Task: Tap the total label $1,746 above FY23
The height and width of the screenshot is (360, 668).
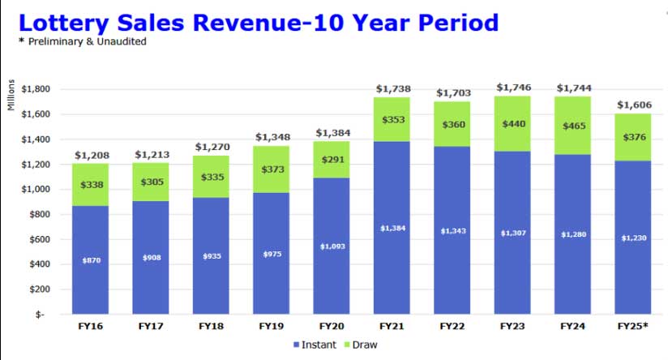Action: click(x=513, y=87)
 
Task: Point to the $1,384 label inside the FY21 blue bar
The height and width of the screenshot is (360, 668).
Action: click(x=392, y=229)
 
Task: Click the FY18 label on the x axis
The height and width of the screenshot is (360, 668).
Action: click(x=212, y=326)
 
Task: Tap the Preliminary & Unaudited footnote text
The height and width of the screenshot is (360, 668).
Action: click(x=86, y=41)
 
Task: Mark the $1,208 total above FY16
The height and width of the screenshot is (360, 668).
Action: click(x=92, y=154)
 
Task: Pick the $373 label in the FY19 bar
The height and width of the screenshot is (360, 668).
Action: click(x=272, y=169)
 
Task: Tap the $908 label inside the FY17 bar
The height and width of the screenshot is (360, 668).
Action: click(x=152, y=258)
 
